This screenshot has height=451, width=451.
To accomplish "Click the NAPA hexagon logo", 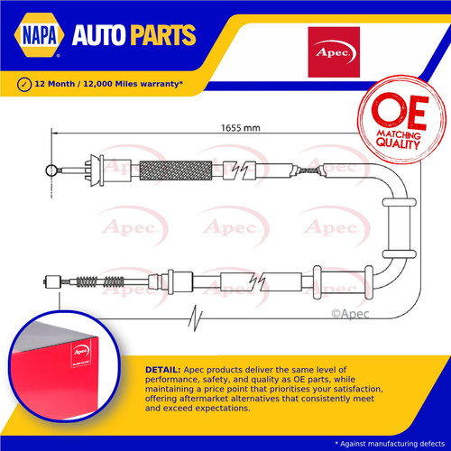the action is (39, 35).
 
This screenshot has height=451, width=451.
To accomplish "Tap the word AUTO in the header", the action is (98, 35).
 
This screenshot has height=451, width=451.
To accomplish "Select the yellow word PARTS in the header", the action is (162, 35).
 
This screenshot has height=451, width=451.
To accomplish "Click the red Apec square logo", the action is (334, 52).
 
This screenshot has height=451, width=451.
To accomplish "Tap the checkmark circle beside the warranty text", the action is (24, 84).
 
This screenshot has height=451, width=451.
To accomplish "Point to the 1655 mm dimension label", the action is (241, 128).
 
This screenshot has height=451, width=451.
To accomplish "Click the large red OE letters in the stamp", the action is (400, 111).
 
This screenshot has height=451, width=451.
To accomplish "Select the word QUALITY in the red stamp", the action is (398, 143).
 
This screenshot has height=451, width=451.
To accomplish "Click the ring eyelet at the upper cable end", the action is (51, 170).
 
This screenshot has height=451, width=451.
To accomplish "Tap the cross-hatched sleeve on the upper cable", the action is (176, 170).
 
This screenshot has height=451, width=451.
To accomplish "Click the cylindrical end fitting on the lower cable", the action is (52, 282).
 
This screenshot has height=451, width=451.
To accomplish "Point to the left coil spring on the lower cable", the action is (87, 282).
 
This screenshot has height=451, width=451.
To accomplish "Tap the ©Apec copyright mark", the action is (350, 314).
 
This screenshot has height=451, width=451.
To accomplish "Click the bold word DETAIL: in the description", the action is (163, 370).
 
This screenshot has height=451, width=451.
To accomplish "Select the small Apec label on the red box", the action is (81, 352).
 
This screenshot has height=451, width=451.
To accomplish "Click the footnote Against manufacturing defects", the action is (390, 444).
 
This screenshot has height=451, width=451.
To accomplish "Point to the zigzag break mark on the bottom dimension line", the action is (196, 318).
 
